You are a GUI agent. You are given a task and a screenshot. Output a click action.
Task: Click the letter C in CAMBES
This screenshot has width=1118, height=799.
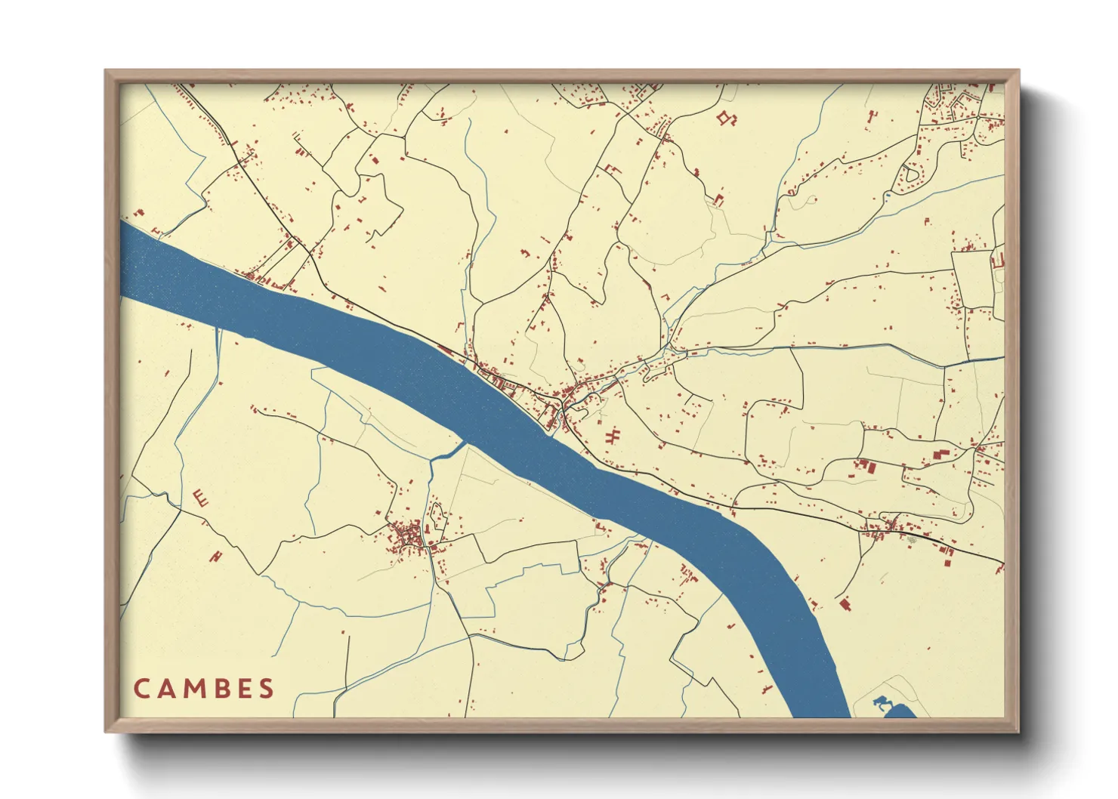(x=141, y=689)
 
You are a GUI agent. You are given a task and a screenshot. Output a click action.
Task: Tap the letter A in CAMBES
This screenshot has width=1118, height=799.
(x=167, y=689)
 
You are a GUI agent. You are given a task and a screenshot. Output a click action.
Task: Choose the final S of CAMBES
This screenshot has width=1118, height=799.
(x=266, y=689)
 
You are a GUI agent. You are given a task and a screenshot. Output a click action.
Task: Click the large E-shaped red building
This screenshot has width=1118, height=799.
(x=201, y=497)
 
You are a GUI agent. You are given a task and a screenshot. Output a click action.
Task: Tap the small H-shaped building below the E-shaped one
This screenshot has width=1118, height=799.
(x=218, y=557)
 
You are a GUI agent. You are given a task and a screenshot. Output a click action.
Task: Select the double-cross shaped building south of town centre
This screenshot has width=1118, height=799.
(x=613, y=436)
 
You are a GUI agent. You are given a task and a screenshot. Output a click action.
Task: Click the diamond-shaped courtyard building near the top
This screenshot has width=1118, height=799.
(x=727, y=118)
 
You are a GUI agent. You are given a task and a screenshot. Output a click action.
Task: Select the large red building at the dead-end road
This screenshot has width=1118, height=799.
(x=845, y=603)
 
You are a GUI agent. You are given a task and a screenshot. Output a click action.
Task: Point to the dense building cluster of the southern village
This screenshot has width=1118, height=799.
(x=408, y=536)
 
